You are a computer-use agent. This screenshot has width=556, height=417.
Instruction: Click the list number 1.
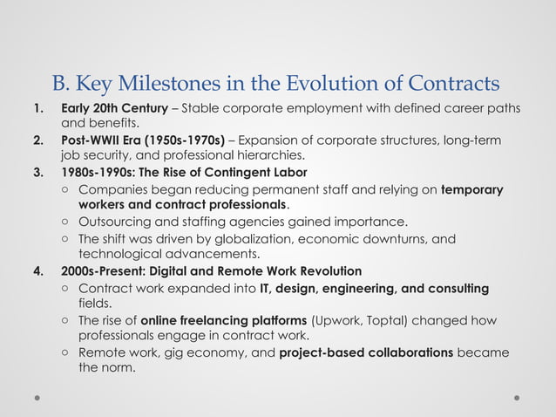click(x=37, y=108)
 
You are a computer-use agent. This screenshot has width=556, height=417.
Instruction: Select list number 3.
click(x=37, y=171)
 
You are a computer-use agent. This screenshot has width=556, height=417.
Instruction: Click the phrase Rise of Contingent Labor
click(x=234, y=171)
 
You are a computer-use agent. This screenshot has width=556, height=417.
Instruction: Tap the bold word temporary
click(x=472, y=189)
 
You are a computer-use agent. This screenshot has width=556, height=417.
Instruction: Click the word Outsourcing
click(x=116, y=221)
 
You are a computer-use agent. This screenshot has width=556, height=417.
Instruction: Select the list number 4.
click(x=37, y=270)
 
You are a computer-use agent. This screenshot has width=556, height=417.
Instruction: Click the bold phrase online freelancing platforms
click(x=223, y=320)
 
